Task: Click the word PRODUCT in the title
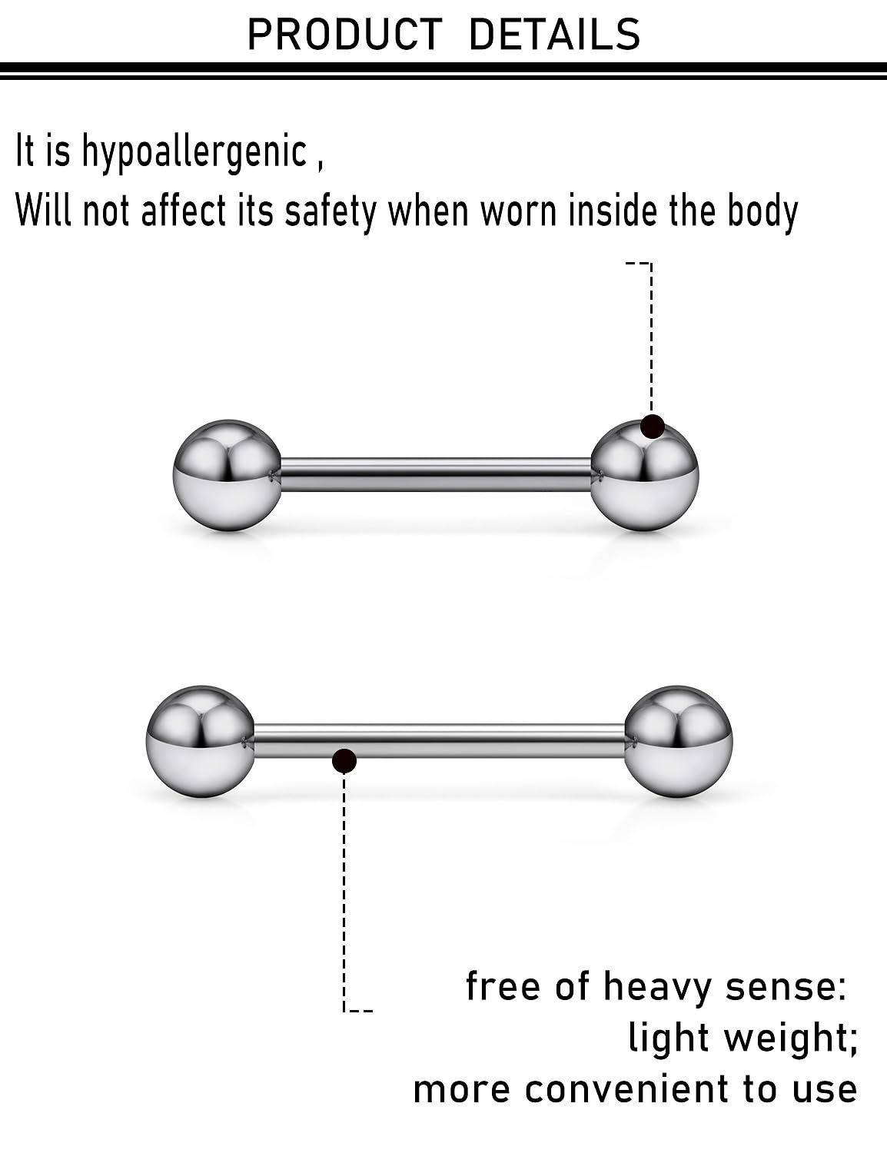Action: pyautogui.click(x=344, y=35)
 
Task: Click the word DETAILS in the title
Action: pyautogui.click(x=553, y=35)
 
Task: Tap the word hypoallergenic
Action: pyautogui.click(x=194, y=151)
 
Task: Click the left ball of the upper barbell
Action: pyautogui.click(x=228, y=475)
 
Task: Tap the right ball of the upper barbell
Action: pyautogui.click(x=645, y=480)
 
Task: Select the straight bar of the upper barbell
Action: pyautogui.click(x=435, y=474)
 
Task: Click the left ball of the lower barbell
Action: pyautogui.click(x=200, y=741)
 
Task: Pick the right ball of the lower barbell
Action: pyautogui.click(x=678, y=741)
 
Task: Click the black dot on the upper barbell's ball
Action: pyautogui.click(x=653, y=426)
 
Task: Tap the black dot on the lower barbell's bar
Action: pyautogui.click(x=344, y=760)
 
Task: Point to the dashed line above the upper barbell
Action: pyautogui.click(x=651, y=338)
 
